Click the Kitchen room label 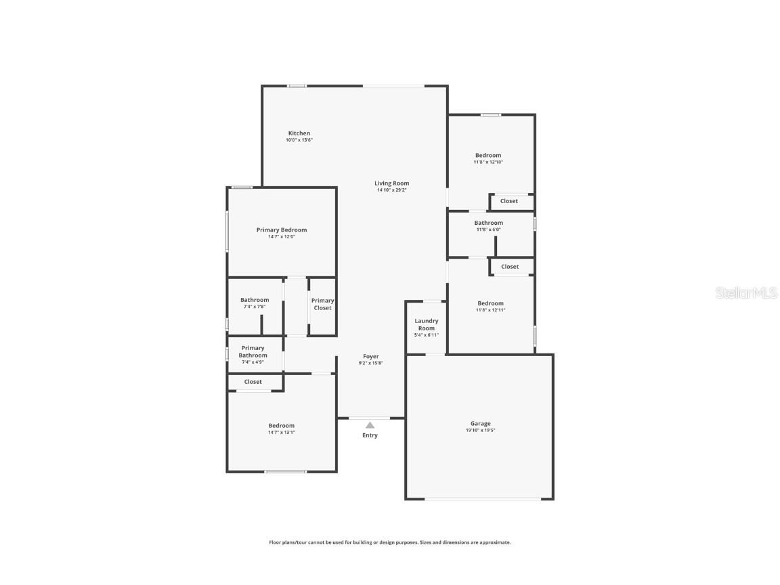[299, 133]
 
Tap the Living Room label [391, 183]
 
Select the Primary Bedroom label [281, 230]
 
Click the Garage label [480, 424]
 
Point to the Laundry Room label [426, 324]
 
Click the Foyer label [370, 356]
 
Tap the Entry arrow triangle [370, 425]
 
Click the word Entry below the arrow [370, 435]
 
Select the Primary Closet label [322, 304]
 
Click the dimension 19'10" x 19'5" [480, 431]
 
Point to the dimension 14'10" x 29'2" [391, 190]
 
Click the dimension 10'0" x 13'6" [299, 140]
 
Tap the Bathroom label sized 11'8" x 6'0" [488, 223]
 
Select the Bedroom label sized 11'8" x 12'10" [487, 156]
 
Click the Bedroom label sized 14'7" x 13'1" [281, 426]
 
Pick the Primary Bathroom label [253, 351]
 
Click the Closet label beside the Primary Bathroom [253, 382]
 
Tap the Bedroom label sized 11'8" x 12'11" [490, 303]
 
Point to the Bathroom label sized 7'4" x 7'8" [254, 300]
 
